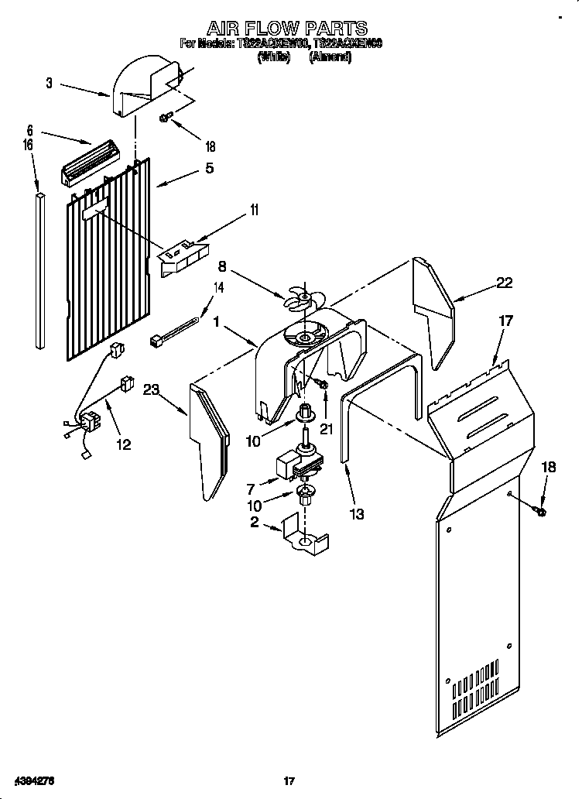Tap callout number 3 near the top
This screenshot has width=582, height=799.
[x=50, y=83]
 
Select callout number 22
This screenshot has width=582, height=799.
[x=504, y=283]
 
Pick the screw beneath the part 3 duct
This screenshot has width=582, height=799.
[x=165, y=118]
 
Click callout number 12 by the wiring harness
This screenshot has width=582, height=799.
[x=122, y=444]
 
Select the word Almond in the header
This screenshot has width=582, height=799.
[x=330, y=57]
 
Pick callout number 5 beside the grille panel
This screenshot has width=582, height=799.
[x=208, y=167]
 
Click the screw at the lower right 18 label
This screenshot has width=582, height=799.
[x=539, y=510]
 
